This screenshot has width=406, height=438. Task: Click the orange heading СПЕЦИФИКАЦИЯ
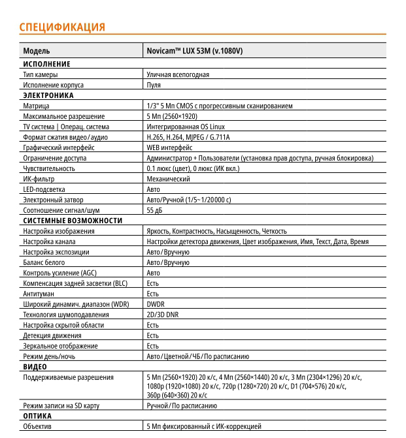[x=62, y=27]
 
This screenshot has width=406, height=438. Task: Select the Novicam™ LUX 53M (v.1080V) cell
[x=195, y=51]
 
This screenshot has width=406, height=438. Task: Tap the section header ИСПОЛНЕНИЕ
[x=46, y=64]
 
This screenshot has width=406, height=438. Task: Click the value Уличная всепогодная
[x=178, y=74]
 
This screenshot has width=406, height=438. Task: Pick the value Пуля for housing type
[x=154, y=85]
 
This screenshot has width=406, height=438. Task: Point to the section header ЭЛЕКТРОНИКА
[x=48, y=95]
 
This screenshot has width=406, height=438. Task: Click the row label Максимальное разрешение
[x=61, y=116]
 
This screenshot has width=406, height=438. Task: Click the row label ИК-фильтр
[x=39, y=179]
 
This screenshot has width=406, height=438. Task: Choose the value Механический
[x=168, y=179]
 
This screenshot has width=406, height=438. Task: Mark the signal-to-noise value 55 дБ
[x=154, y=210]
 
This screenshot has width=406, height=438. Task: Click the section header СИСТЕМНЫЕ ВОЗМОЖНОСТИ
[x=73, y=221]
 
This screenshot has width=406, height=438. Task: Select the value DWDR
[x=156, y=304]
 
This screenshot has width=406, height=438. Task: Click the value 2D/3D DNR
[x=162, y=315]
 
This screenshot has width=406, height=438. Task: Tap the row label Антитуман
[x=38, y=294]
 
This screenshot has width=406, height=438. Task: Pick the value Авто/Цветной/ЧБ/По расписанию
[x=197, y=356]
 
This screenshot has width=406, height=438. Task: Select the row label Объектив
[x=37, y=426]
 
